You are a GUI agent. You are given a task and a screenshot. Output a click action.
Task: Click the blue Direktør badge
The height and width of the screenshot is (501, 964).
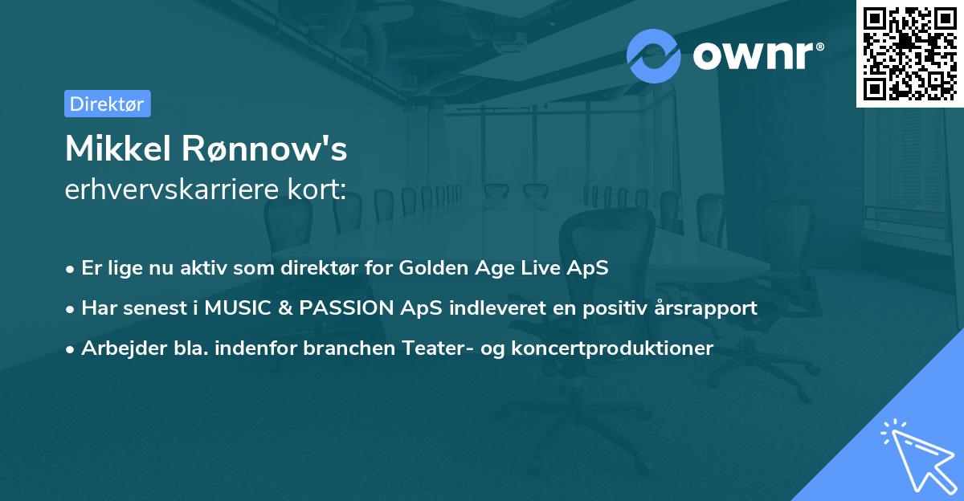coord(107,104)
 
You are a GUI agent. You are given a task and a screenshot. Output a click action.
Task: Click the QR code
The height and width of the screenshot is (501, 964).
coord(909,53)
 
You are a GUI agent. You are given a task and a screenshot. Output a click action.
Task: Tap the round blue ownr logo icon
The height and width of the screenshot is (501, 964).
coord(654,55)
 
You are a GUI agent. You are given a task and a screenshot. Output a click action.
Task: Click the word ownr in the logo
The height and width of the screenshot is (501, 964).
coord(756,56)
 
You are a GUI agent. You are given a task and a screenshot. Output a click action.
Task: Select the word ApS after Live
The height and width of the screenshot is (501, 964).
coord(590,268)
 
